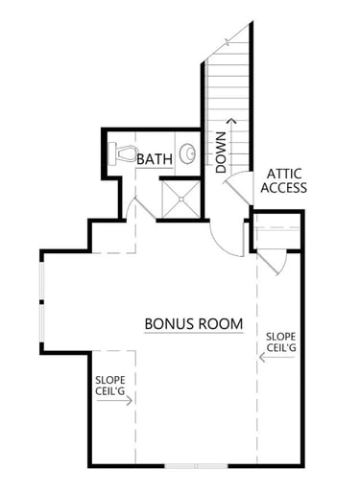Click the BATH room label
(155, 159)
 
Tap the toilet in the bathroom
(122, 153)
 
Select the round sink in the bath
(187, 153)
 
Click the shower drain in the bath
(181, 200)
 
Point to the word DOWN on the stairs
(221, 153)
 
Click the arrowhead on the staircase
(232, 120)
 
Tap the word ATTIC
(284, 174)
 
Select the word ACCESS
(284, 188)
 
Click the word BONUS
(169, 324)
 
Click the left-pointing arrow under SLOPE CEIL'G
(276, 357)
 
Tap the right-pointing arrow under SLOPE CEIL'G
(114, 400)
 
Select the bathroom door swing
(141, 208)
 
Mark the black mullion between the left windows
(41, 302)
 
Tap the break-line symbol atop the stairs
(228, 41)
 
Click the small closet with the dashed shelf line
(277, 232)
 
